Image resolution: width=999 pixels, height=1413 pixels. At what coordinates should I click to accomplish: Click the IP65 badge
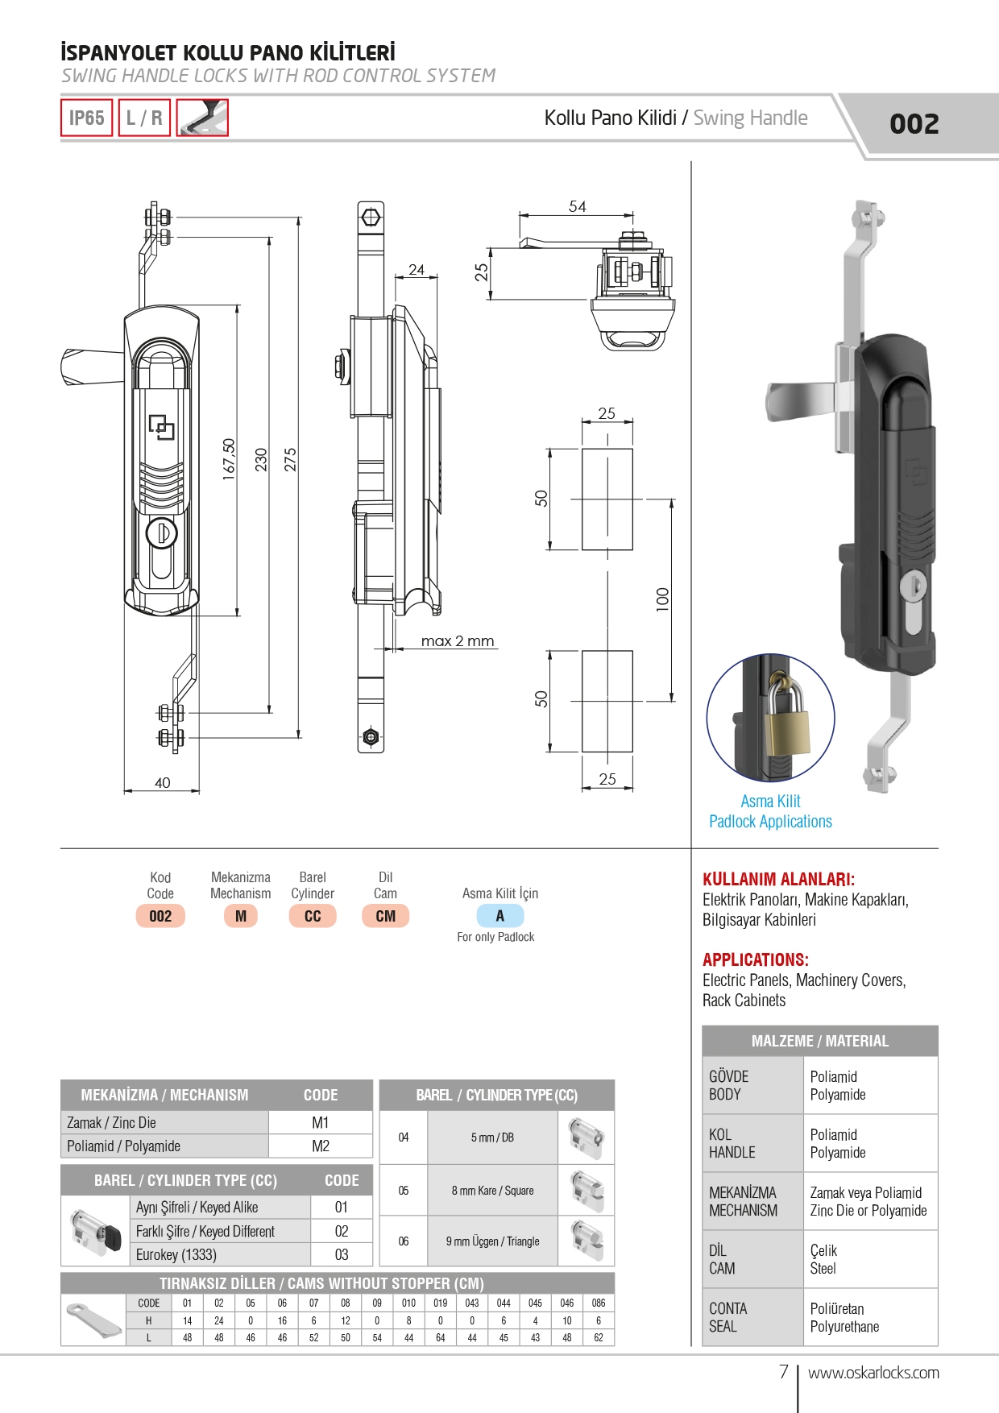tap(86, 118)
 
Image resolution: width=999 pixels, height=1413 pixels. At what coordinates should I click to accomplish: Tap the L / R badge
tap(144, 118)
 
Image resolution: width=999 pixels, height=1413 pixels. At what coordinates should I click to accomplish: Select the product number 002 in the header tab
tap(914, 124)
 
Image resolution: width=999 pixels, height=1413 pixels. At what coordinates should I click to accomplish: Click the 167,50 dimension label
tap(229, 459)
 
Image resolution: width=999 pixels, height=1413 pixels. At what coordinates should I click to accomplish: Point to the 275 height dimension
tap(290, 459)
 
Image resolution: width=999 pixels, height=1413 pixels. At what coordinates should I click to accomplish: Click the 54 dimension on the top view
tap(577, 206)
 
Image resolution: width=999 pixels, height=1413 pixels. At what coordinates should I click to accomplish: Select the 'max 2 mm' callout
tap(457, 641)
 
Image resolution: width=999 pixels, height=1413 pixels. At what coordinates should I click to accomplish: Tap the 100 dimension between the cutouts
tap(662, 599)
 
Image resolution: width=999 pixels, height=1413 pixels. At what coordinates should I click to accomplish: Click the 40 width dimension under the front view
tap(162, 782)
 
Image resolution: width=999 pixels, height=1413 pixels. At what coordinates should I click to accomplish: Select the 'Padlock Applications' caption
tap(770, 822)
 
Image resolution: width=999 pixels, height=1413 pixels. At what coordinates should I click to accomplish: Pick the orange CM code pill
tap(385, 916)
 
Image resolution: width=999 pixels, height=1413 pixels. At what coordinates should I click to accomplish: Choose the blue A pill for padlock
tap(499, 916)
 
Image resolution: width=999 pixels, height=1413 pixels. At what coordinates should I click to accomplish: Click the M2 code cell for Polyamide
tap(320, 1146)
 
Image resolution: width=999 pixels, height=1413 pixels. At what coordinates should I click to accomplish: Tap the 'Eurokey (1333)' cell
tap(176, 1254)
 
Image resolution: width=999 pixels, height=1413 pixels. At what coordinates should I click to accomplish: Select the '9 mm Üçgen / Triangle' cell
tap(492, 1241)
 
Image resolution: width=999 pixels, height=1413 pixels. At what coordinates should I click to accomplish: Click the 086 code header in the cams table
tap(598, 1303)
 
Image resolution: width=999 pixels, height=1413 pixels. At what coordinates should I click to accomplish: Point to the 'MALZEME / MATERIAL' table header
tap(819, 1041)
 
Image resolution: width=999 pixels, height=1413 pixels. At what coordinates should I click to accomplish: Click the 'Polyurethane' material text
tap(844, 1327)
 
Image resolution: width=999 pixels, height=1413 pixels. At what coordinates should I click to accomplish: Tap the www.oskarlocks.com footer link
tap(873, 1373)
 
